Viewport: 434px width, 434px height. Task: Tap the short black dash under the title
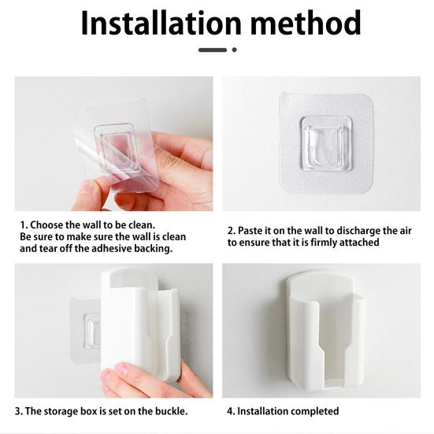tap(213, 50)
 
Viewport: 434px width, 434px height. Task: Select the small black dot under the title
tap(234, 50)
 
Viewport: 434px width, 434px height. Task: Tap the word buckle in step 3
tap(168, 411)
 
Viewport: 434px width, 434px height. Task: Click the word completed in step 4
tap(313, 411)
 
